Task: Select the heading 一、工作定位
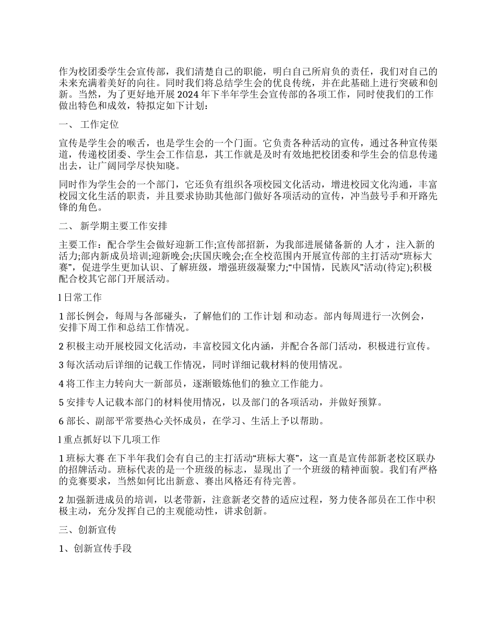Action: tap(89, 125)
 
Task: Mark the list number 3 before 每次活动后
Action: tap(61, 364)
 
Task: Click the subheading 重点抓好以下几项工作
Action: tap(112, 439)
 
